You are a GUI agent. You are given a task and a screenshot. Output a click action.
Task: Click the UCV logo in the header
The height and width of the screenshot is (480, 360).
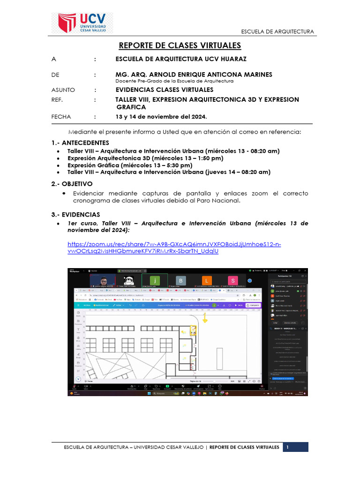85,22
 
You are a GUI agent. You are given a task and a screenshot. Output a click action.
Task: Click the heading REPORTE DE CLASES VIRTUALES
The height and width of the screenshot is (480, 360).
180,45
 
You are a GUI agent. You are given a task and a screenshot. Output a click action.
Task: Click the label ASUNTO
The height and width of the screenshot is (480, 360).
63,90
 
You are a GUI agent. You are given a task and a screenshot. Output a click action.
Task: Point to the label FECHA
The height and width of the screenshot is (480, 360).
61,117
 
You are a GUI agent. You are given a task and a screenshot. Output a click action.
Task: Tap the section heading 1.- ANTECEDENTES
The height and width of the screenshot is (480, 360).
80,142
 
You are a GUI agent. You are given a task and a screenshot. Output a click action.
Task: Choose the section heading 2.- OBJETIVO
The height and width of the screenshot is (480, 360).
72,184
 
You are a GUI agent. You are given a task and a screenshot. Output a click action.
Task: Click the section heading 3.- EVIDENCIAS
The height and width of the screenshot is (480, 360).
75,214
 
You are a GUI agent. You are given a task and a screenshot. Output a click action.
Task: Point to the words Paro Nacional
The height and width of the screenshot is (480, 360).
219,200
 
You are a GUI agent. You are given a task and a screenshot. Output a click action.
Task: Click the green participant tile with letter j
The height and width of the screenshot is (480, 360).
157,280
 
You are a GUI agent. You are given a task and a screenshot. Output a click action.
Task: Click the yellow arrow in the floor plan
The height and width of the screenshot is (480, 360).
204,318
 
